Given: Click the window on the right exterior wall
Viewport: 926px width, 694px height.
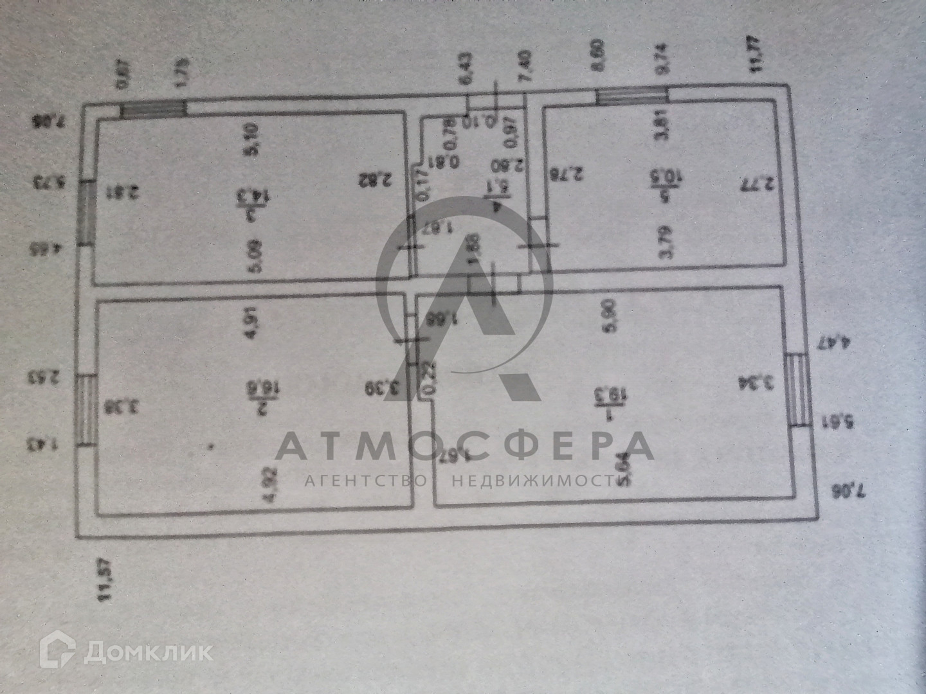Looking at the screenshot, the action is point(797,389).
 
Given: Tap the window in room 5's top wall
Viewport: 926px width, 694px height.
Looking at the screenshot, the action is point(631,96).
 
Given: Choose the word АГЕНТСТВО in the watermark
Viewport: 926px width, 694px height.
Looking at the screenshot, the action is point(365,481).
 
